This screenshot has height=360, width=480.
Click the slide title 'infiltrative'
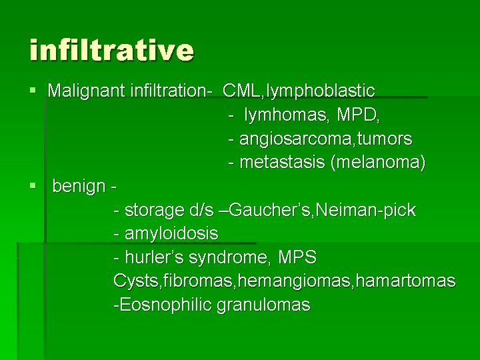click(x=111, y=51)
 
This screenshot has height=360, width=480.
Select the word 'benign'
click(x=78, y=186)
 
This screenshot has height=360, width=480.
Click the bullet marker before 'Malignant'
click(x=33, y=90)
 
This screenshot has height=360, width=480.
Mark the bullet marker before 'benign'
click(x=33, y=186)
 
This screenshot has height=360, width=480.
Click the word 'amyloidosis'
click(x=171, y=234)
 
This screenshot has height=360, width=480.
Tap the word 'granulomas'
click(x=263, y=305)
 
